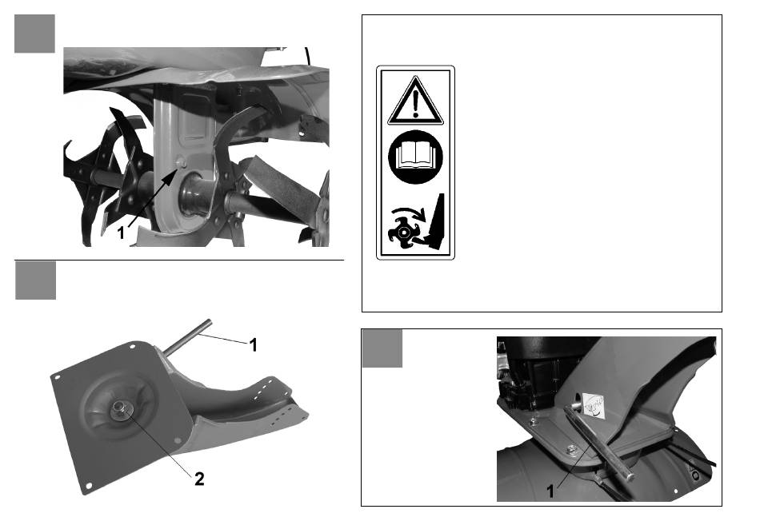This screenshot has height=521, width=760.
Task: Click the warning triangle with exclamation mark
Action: (x=415, y=101)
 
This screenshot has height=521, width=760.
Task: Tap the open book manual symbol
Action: (x=415, y=157)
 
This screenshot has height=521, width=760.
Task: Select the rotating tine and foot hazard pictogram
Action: (x=416, y=222)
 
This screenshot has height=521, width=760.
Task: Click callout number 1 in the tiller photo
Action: (x=121, y=233)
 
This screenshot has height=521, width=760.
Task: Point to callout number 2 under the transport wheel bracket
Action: (x=199, y=479)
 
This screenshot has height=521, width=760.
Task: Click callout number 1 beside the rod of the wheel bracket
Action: (x=253, y=345)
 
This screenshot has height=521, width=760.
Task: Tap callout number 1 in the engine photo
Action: (x=550, y=491)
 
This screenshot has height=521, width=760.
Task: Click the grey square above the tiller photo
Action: (x=34, y=34)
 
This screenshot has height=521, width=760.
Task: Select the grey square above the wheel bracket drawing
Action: (x=35, y=280)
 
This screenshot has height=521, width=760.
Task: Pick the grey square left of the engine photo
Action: (x=382, y=348)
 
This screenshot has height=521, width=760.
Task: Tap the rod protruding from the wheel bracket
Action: (x=186, y=337)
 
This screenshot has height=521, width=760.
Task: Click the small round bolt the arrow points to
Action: (x=182, y=161)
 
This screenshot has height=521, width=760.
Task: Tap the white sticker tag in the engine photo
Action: (x=594, y=404)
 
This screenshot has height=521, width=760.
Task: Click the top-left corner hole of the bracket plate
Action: (x=132, y=347)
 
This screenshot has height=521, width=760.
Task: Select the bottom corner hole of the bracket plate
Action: (x=88, y=486)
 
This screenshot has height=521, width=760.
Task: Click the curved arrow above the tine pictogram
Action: (x=410, y=213)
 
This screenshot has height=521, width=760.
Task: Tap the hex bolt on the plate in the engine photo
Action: (x=573, y=449)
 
